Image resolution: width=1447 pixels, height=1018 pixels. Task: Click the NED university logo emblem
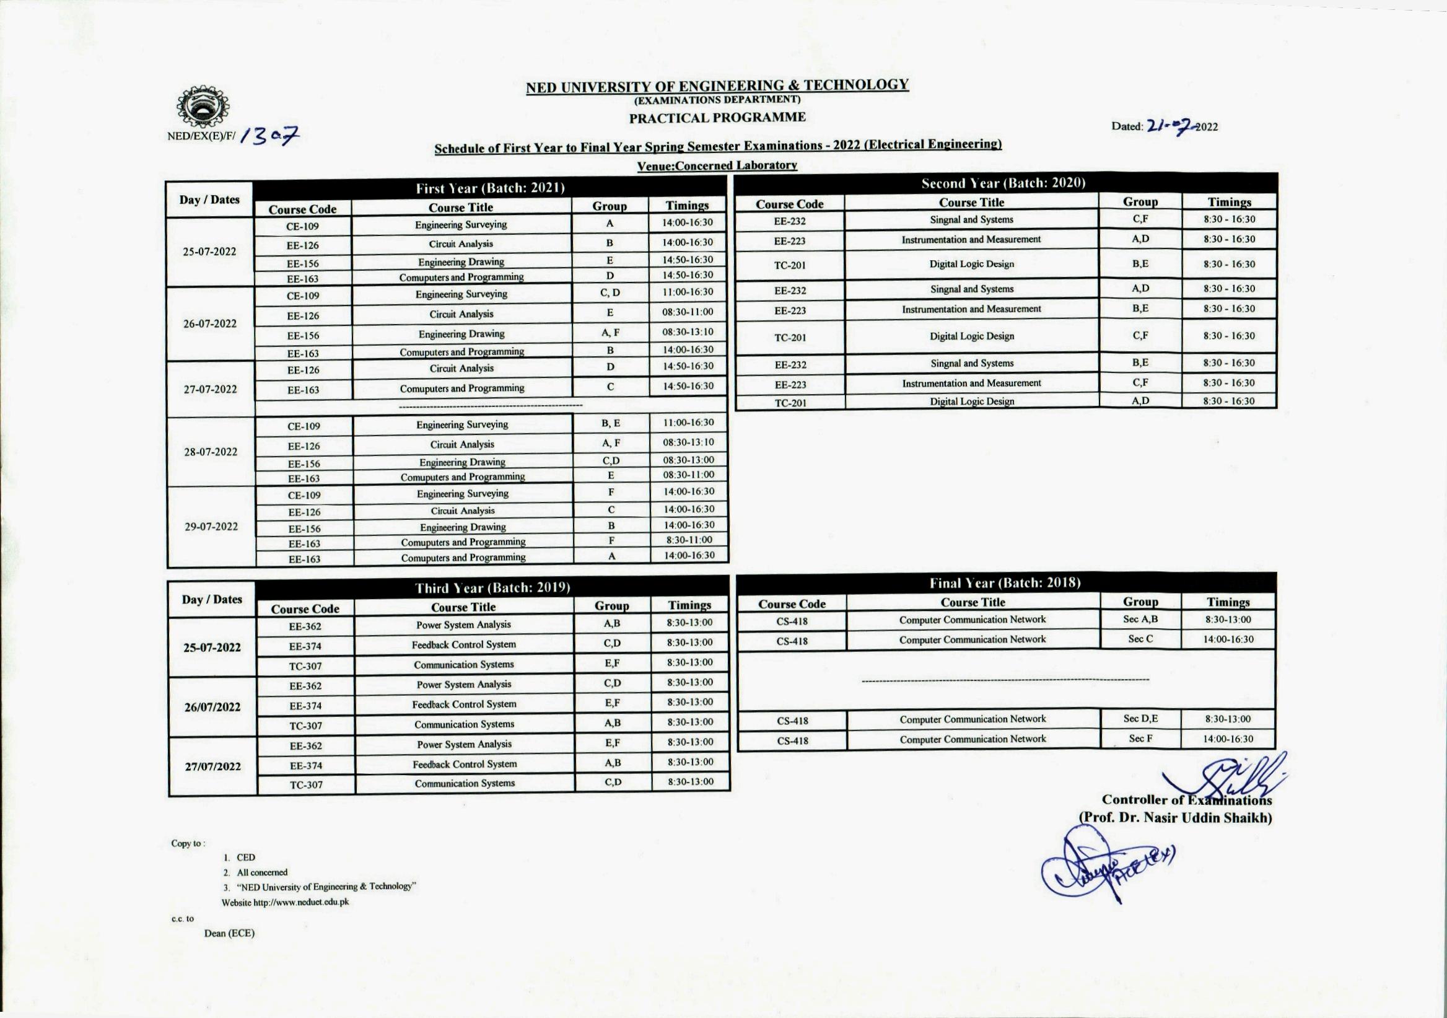pyautogui.click(x=203, y=108)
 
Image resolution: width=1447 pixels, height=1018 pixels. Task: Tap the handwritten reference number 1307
pyautogui.click(x=269, y=136)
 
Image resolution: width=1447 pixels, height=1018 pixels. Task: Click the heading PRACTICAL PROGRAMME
pyautogui.click(x=717, y=117)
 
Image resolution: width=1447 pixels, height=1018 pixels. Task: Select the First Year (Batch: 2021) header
pyautogui.click(x=490, y=188)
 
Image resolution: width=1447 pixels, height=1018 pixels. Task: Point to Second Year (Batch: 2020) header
pyautogui.click(x=1003, y=183)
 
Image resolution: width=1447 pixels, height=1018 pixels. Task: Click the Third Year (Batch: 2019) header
pyautogui.click(x=492, y=588)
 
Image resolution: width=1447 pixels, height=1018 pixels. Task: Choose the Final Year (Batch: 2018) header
pyautogui.click(x=1005, y=583)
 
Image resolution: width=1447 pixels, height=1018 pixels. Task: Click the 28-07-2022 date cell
pyautogui.click(x=211, y=452)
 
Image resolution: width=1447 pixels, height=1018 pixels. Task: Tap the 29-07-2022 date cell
pyautogui.click(x=211, y=526)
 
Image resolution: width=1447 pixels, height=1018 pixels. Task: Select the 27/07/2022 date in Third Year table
pyautogui.click(x=212, y=766)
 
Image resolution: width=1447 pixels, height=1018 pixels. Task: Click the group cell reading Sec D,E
pyautogui.click(x=1140, y=719)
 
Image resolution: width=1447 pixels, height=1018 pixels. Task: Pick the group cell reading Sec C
pyautogui.click(x=1140, y=639)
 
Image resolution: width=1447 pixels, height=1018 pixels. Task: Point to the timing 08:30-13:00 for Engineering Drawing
pyautogui.click(x=688, y=460)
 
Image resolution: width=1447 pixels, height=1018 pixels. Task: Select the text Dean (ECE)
pyautogui.click(x=229, y=933)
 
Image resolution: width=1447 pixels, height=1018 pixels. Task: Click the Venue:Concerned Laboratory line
pyautogui.click(x=717, y=165)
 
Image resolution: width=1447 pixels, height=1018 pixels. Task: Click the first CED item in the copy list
pyautogui.click(x=246, y=858)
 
